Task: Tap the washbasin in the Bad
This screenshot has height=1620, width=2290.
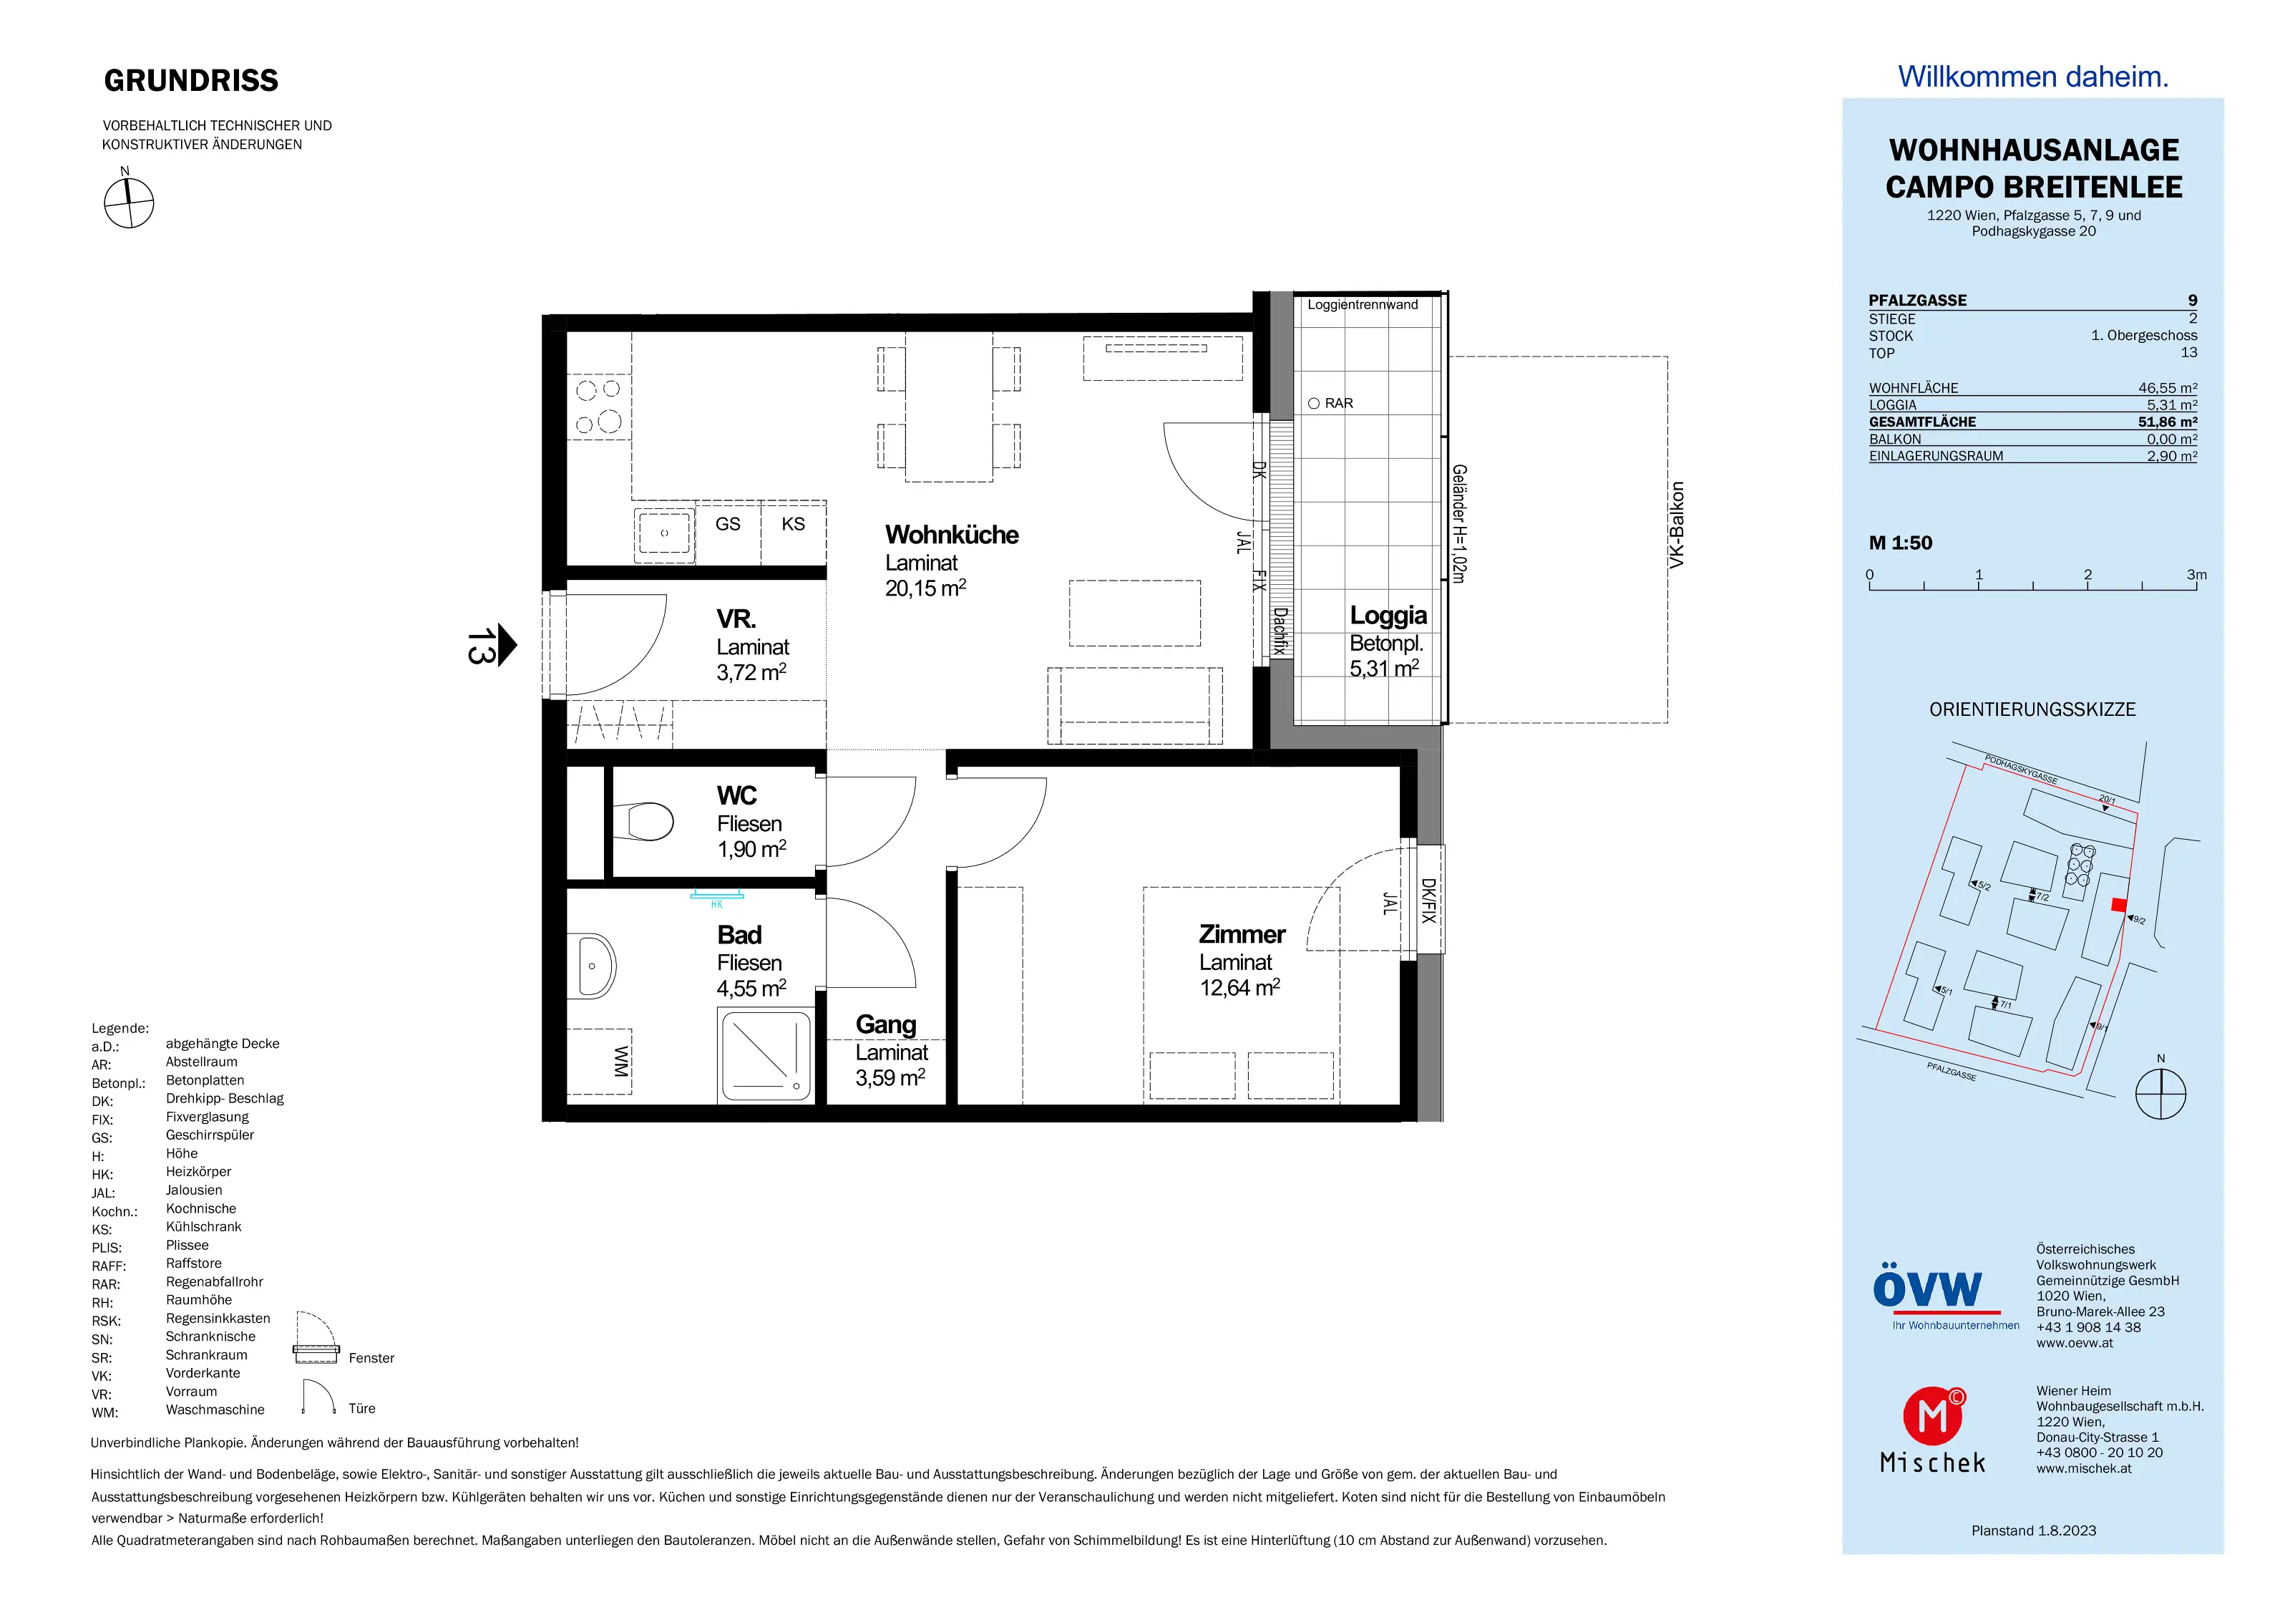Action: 595,966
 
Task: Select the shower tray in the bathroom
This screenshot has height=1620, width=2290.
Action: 765,1057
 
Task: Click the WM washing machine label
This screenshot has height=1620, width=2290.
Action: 620,1062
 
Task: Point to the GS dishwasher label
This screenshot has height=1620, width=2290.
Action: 728,524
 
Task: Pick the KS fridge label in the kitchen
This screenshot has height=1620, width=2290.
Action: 793,524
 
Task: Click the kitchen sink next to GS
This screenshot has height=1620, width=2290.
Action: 664,534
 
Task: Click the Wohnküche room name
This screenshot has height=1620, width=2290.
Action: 952,535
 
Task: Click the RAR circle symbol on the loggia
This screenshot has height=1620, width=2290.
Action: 1314,404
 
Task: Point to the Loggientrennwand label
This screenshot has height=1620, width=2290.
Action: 1363,304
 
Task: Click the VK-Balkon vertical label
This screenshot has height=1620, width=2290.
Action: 1677,525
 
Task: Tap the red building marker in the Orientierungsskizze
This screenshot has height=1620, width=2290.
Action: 2118,905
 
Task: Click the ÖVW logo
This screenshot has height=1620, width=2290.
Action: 1927,1290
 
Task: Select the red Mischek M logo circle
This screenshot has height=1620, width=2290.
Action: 1933,1415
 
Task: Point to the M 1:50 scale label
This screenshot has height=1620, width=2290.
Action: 1900,543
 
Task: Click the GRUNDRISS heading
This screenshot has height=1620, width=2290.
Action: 192,81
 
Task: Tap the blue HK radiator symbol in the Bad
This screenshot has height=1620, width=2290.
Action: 717,897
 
